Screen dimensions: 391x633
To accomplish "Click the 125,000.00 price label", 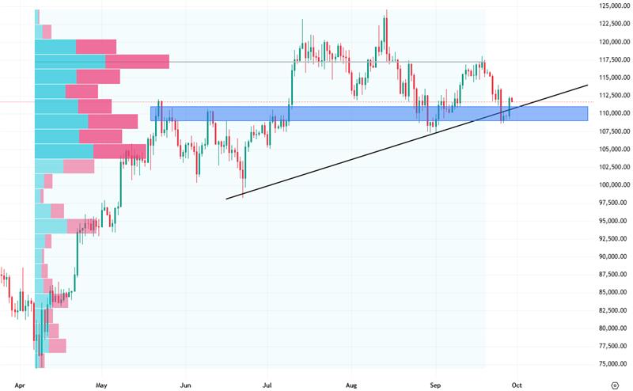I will point(615,6).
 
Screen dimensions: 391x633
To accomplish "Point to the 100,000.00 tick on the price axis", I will point(615,185).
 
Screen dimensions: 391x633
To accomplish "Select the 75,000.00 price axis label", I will point(615,364).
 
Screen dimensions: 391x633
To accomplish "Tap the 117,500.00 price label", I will point(615,59).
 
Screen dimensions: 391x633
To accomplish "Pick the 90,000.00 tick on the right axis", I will point(615,256).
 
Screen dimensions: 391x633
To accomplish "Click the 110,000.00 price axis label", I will point(615,113).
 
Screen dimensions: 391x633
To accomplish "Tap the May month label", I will point(100,383).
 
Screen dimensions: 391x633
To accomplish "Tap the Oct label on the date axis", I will point(517,383).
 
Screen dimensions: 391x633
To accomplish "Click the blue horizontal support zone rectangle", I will point(369,114).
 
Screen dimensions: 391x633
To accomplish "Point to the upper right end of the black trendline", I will point(588,85).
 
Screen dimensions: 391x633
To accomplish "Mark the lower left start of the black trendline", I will point(226,199).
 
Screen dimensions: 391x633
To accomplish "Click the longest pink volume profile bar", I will point(137,62).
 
